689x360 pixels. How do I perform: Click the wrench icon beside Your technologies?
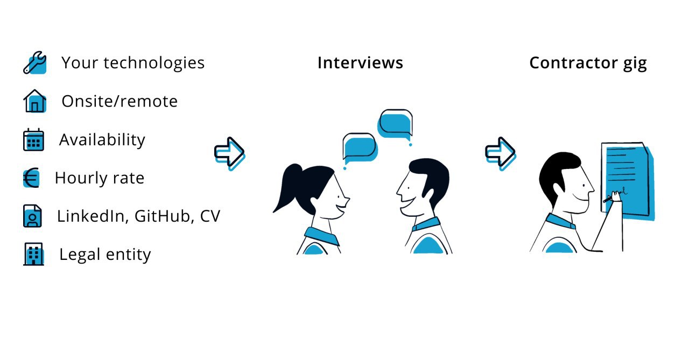[x=35, y=63]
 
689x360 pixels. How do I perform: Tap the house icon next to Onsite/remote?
[x=35, y=101]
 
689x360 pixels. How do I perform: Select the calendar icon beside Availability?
[x=33, y=139]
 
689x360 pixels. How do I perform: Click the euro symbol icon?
[x=31, y=178]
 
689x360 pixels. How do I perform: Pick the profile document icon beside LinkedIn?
[x=32, y=216]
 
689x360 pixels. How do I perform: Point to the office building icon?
[x=33, y=254]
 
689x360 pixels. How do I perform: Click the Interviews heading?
[x=360, y=63]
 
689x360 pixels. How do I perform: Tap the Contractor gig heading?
[x=588, y=63]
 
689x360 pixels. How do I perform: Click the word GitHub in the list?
[x=162, y=216]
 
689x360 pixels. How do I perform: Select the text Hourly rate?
[x=100, y=178]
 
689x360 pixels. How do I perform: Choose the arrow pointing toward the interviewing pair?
[x=230, y=153]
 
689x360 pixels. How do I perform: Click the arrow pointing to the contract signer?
[x=501, y=153]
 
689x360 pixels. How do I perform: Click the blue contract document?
[x=628, y=181]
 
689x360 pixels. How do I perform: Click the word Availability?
[x=102, y=140]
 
